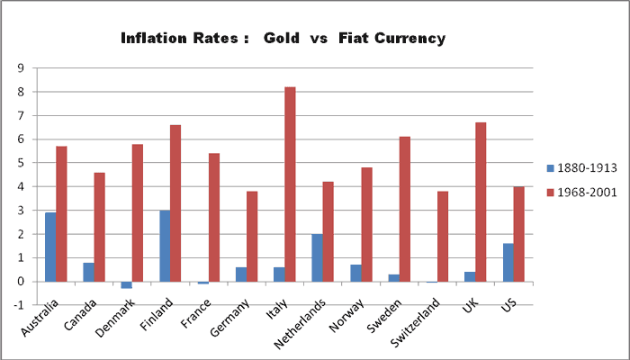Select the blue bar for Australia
tap(49, 247)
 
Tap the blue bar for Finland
tap(164, 246)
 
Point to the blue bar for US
tap(508, 262)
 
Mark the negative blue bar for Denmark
tap(126, 284)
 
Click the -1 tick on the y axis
tap(19, 305)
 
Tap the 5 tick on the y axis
tap(21, 163)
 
